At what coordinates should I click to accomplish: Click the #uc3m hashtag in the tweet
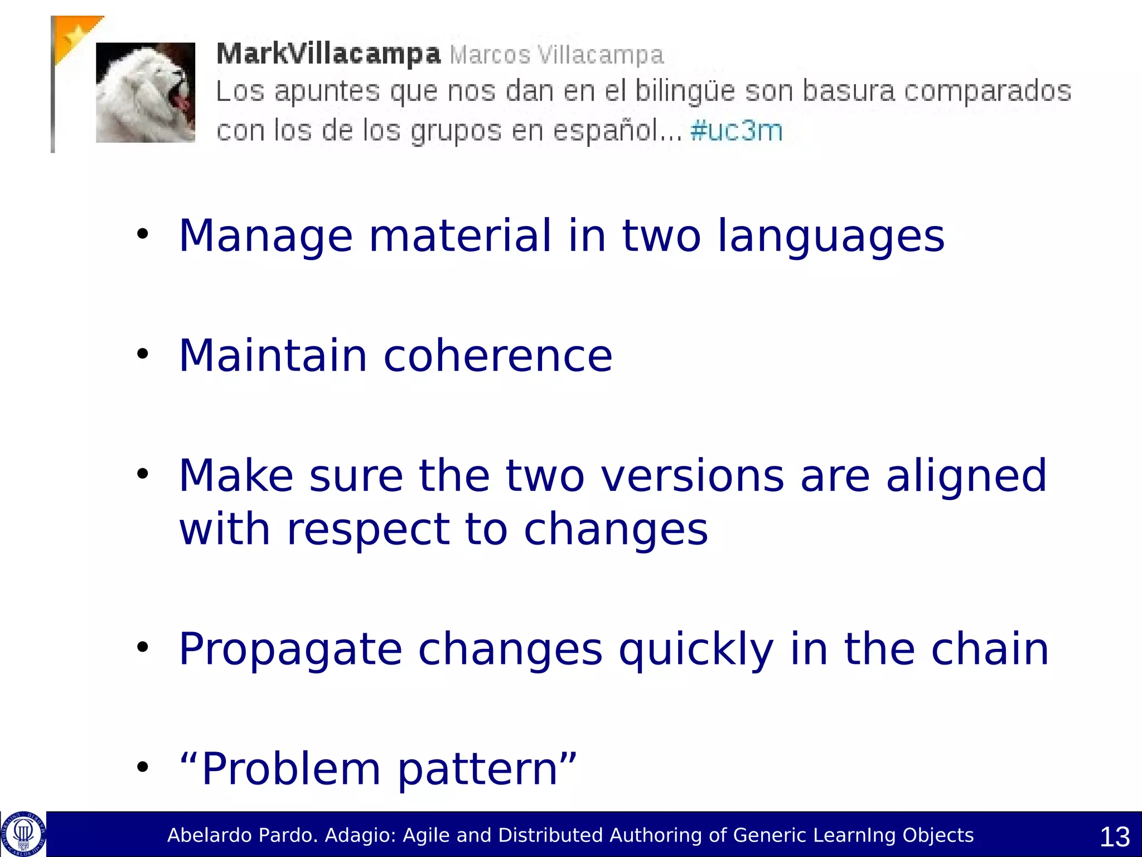pyautogui.click(x=736, y=131)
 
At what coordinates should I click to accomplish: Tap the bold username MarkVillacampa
pyautogui.click(x=328, y=54)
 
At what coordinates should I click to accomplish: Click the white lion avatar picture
pyautogui.click(x=146, y=92)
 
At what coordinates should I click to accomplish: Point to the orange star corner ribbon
pyautogui.click(x=74, y=35)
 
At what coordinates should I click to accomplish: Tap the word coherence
pyautogui.click(x=498, y=355)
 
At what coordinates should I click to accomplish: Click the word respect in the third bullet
pyautogui.click(x=368, y=529)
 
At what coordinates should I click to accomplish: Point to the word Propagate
pyautogui.click(x=290, y=649)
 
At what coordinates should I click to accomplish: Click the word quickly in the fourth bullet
pyautogui.click(x=696, y=649)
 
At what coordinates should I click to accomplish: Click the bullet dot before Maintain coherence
pyautogui.click(x=143, y=354)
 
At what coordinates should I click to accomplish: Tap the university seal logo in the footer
pyautogui.click(x=23, y=834)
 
